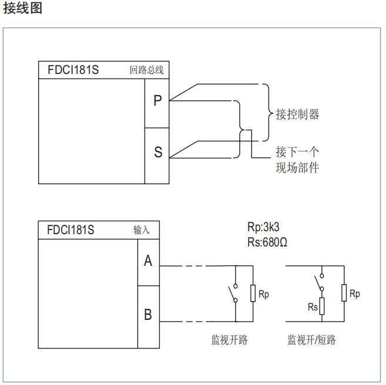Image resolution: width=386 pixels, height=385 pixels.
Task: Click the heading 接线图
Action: pos(23,9)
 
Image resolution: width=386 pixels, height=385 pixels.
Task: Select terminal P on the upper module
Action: pos(157,101)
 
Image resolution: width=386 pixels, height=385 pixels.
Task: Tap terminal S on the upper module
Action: pos(157,152)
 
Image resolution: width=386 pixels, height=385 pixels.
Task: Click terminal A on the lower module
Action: pos(148,261)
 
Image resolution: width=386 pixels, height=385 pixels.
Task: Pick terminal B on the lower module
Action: pos(148,315)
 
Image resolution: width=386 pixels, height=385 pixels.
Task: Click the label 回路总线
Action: pos(146,70)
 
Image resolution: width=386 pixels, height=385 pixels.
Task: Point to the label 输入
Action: pos(142,230)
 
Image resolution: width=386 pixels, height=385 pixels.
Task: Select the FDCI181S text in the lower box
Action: pos(71,230)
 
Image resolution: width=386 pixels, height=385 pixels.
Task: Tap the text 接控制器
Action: pos(297,114)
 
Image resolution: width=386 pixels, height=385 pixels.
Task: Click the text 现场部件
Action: pos(297,168)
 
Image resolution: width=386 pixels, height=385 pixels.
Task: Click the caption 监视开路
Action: pos(229,340)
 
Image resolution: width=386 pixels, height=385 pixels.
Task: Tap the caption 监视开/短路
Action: pos(311,340)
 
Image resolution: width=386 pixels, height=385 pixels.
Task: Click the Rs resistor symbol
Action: pos(322,307)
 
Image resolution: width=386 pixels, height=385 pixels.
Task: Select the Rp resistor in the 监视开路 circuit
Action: pos(253,293)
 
